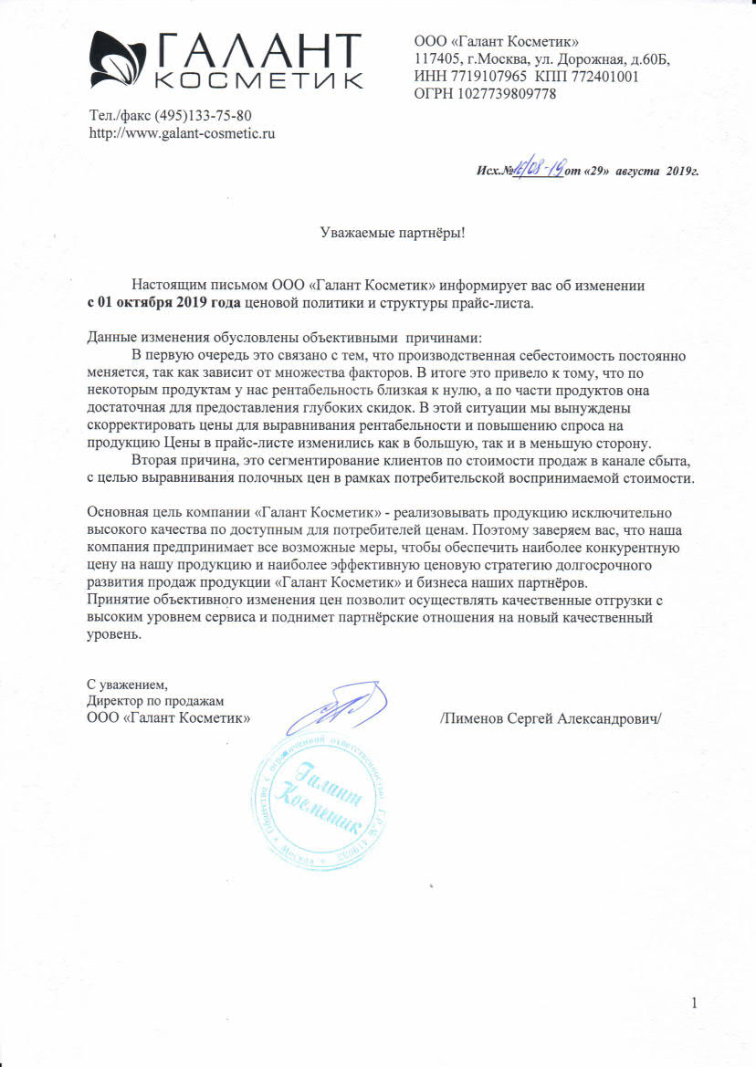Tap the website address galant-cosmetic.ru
click(182, 132)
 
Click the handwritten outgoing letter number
click(540, 170)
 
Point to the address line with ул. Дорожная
click(541, 59)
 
